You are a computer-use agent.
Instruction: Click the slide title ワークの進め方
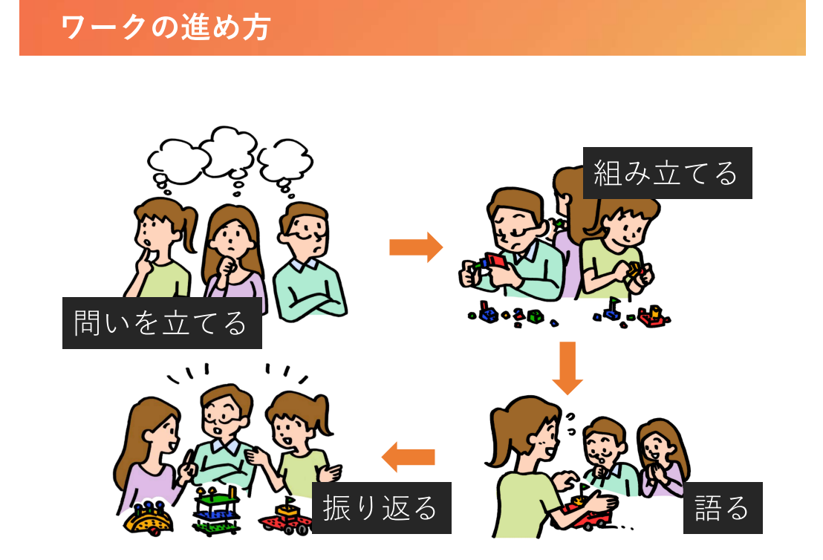coord(166,27)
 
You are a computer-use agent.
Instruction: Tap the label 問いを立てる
coord(162,323)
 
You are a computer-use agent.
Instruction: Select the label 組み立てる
coord(667,173)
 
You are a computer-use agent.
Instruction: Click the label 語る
coord(722,507)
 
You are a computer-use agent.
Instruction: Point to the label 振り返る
coord(382,507)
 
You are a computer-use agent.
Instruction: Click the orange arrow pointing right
coord(416,247)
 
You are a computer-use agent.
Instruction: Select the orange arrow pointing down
coord(567,368)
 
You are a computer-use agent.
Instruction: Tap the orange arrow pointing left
coord(408,457)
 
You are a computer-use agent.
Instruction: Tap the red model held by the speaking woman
coord(587,512)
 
